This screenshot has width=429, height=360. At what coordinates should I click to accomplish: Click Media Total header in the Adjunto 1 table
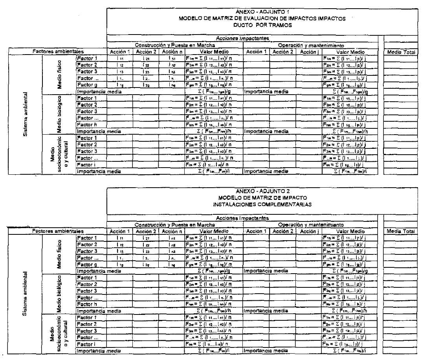(x=401, y=52)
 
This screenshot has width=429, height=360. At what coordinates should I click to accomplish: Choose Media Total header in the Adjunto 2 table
(x=401, y=231)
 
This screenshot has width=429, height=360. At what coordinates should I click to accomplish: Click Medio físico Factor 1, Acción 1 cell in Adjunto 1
(x=119, y=58)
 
